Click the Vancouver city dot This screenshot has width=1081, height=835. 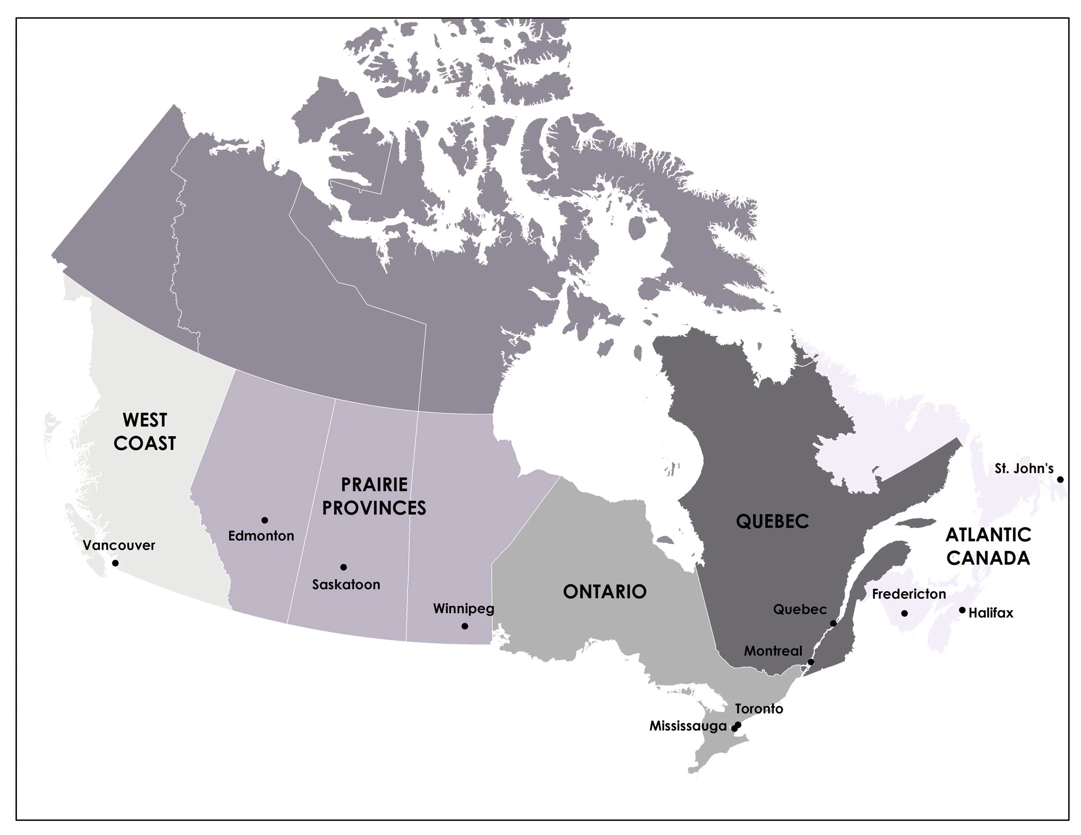pos(115,563)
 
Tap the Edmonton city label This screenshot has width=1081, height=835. pos(261,536)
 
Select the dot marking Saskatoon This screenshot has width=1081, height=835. pos(343,567)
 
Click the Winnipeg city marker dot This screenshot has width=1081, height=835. pos(465,626)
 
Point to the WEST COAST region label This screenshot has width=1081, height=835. pos(144,431)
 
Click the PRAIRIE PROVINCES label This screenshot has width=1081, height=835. pos(374,496)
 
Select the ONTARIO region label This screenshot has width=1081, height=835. pos(605,592)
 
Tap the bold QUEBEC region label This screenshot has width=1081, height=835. pos(772,521)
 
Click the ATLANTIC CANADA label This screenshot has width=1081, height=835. pos(988,546)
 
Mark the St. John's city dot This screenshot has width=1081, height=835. pos(1060,479)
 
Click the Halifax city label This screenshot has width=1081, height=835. pos(991,613)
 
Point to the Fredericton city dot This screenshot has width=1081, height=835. pos(904,613)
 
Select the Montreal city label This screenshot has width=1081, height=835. pos(773,651)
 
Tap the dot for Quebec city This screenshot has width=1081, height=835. pos(833,623)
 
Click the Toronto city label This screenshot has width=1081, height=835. pos(759,709)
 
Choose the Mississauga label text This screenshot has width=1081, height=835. pos(688,726)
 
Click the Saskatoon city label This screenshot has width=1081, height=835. pos(346,585)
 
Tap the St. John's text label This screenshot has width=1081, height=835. pos(1023,468)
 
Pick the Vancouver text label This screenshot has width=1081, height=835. pos(119,545)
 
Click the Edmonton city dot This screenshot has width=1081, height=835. pos(265,520)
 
